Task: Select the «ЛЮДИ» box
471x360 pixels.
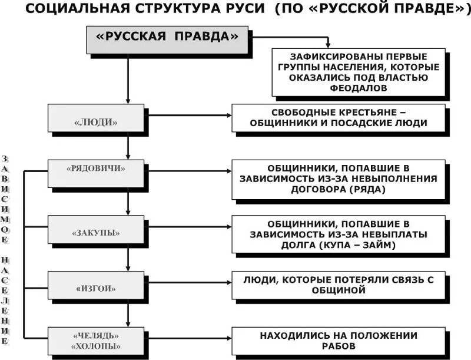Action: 96,122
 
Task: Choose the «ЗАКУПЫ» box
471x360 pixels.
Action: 96,232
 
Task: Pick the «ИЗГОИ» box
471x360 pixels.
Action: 96,289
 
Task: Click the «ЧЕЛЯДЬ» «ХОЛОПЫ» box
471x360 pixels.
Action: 96,341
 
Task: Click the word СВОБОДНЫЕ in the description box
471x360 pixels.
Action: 304,112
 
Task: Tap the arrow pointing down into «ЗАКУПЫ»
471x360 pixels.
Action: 128,209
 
